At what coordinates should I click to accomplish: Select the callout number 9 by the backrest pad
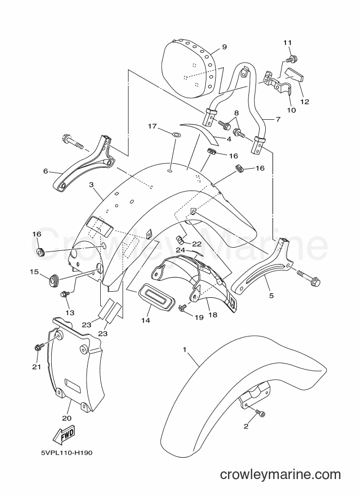224,47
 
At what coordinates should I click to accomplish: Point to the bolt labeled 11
290,58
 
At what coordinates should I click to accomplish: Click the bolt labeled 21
38,347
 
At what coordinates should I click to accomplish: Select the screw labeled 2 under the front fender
261,413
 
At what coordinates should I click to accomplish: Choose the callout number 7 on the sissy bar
278,120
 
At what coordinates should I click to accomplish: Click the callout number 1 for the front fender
184,350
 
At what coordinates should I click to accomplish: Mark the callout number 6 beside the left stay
46,171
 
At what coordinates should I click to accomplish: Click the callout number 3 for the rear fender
91,185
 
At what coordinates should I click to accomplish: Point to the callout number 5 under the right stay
271,296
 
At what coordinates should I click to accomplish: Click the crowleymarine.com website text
280,475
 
